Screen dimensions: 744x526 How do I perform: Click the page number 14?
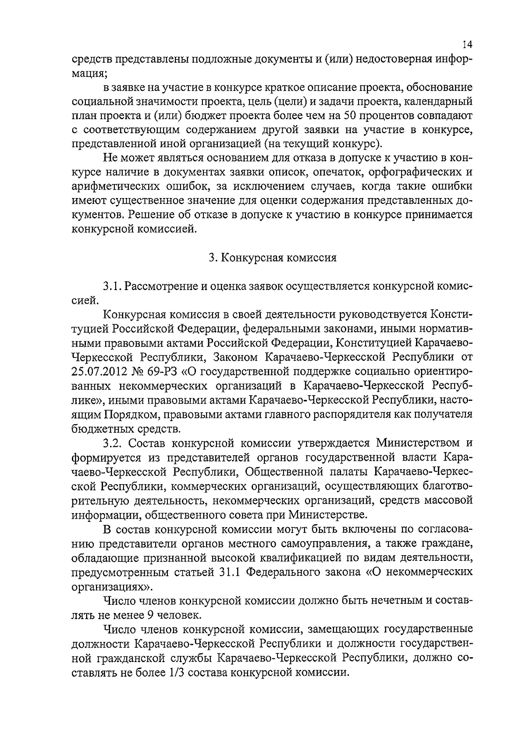click(467, 45)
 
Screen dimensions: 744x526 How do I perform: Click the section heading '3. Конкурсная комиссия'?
click(272, 258)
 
